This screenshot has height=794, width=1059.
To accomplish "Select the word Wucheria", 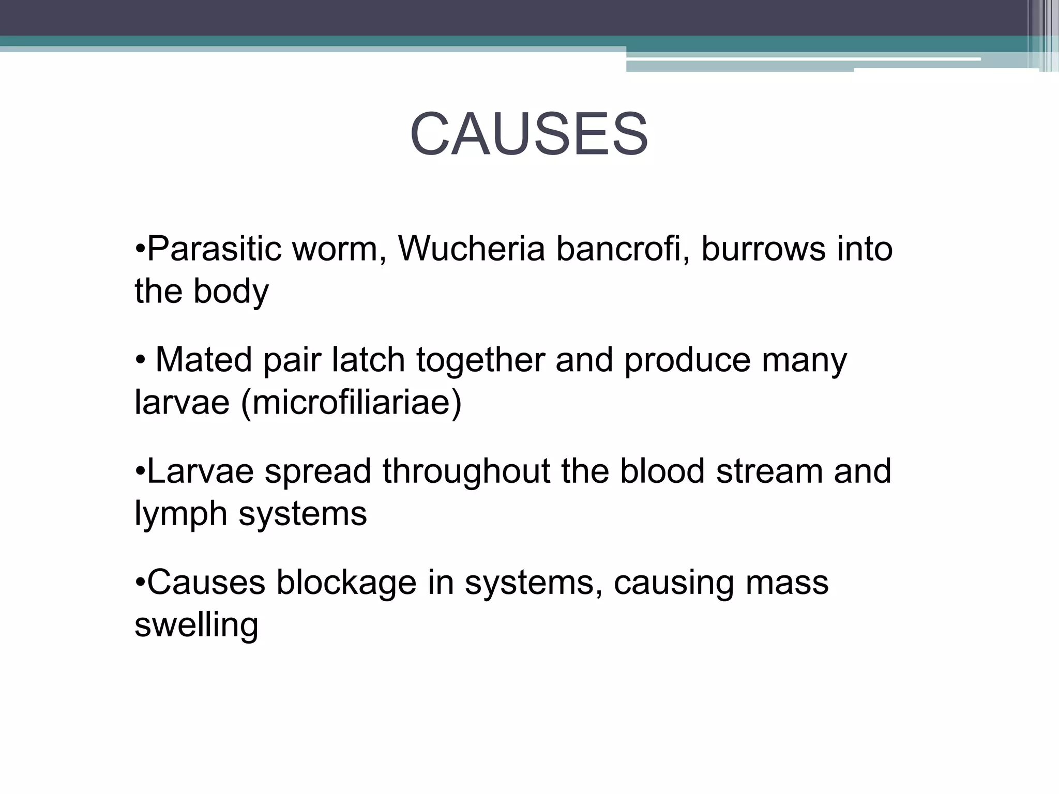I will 471,249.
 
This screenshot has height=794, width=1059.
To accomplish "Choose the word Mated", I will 204,360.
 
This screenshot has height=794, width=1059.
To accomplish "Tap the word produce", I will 687,361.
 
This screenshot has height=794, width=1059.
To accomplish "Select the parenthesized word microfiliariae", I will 351,403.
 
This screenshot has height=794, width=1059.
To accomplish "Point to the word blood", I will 662,471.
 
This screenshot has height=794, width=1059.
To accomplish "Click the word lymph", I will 180,515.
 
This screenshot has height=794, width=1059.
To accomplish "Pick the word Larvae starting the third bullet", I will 201,471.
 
